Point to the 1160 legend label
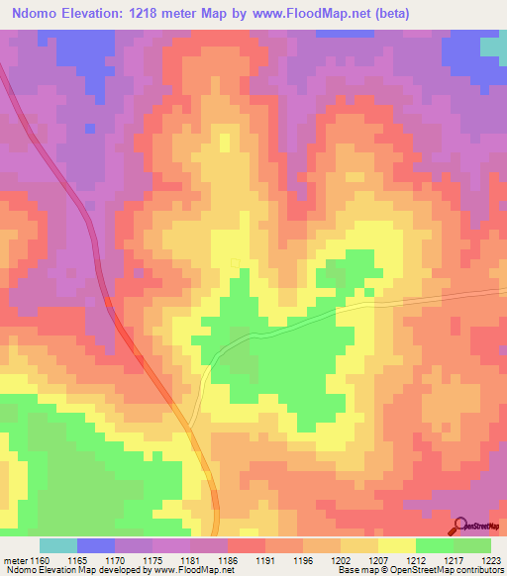(40, 560)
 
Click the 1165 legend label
(77, 560)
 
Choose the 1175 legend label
(152, 560)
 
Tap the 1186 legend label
(228, 560)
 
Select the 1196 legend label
(303, 560)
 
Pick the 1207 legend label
(378, 560)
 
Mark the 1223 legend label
(489, 560)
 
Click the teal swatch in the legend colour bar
(58, 545)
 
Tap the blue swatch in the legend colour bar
(96, 545)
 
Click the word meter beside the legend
(13, 560)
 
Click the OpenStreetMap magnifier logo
(460, 527)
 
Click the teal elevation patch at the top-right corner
(492, 46)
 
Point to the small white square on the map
(236, 262)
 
